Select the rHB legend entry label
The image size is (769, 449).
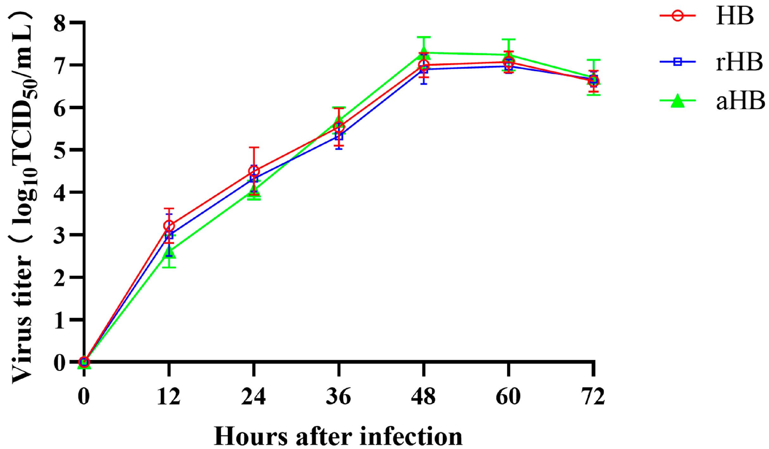coord(739,62)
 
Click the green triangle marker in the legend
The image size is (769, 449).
coord(678,101)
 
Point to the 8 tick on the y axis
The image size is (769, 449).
coord(59,23)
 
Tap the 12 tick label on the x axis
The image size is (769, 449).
coord(169,396)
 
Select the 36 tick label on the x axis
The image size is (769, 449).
coord(338,396)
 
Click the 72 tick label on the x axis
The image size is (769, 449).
coord(593,396)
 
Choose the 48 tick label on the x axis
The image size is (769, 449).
coord(423,396)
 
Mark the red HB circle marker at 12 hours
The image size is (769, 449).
coord(169,226)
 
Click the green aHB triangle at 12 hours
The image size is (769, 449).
coord(169,252)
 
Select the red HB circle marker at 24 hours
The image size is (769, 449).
coord(254,171)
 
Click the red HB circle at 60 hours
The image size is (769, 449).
coord(509,62)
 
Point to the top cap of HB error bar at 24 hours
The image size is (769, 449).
coord(254,147)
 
